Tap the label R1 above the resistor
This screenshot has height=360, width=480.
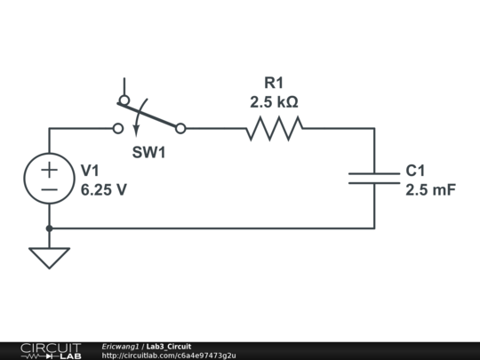pyautogui.click(x=274, y=83)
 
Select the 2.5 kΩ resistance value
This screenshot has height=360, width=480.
pyautogui.click(x=274, y=101)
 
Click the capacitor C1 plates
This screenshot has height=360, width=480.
pyautogui.click(x=374, y=178)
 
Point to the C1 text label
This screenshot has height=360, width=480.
pyautogui.click(x=416, y=170)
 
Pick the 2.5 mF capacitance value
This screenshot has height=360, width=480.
pyautogui.click(x=430, y=189)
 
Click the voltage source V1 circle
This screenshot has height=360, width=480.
pyautogui.click(x=49, y=179)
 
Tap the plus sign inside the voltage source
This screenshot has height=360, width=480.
pyautogui.click(x=49, y=169)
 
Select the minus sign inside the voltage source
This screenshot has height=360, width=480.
pyautogui.click(x=49, y=189)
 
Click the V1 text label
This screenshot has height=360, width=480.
pyautogui.click(x=92, y=170)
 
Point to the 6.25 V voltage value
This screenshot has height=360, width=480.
pyautogui.click(x=103, y=189)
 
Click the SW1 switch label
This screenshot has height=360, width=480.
pyautogui.click(x=149, y=152)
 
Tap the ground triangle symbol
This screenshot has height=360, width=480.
pyautogui.click(x=49, y=257)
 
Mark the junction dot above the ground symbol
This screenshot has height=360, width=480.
pyautogui.click(x=49, y=228)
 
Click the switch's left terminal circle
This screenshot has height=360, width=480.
pyautogui.click(x=118, y=129)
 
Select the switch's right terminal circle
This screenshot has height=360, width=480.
pyautogui.click(x=180, y=129)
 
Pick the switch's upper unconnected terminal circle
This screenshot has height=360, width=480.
pyautogui.click(x=124, y=100)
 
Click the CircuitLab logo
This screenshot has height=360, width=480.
pyautogui.click(x=50, y=350)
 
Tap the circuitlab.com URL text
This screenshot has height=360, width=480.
pyautogui.click(x=169, y=356)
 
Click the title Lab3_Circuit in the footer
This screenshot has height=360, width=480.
pyautogui.click(x=168, y=346)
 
